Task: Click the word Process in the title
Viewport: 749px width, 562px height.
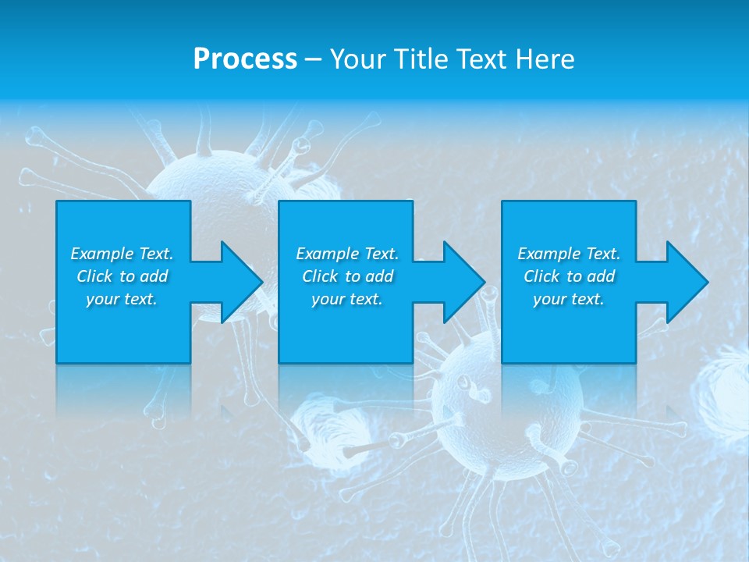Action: [245, 59]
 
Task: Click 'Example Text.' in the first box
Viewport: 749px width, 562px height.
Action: [122, 254]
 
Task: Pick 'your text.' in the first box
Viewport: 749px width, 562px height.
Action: [122, 299]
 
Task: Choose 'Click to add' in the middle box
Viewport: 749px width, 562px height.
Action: [347, 276]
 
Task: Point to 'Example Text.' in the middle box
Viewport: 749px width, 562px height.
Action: [347, 254]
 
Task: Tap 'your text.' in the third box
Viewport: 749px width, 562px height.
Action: [569, 299]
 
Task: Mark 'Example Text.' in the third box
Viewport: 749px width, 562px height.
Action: [569, 254]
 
